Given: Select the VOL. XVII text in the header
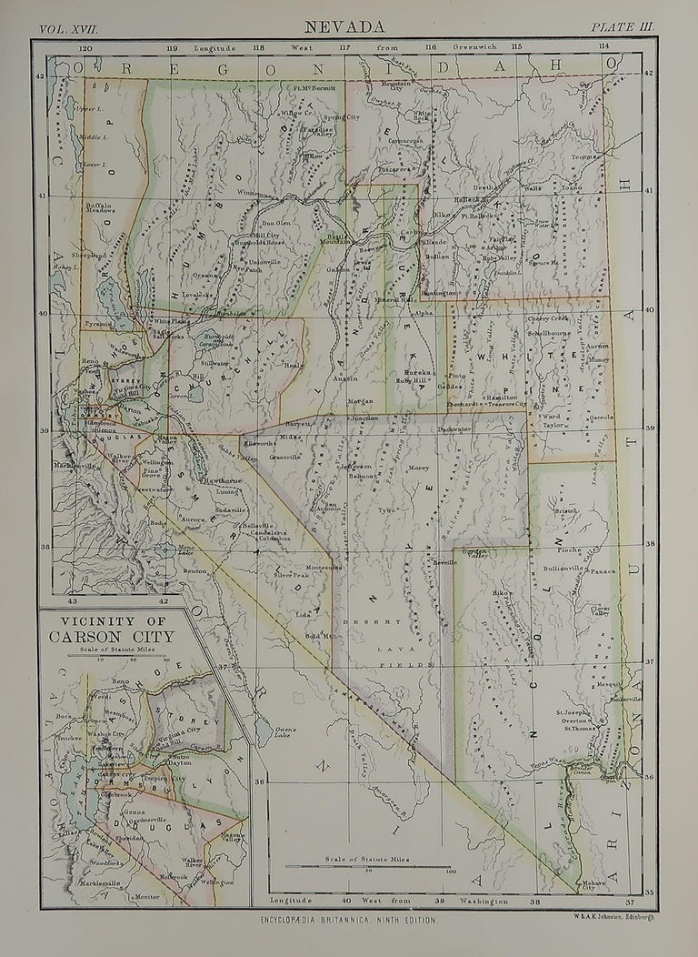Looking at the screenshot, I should [68, 29].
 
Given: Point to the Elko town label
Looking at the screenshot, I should [443, 215].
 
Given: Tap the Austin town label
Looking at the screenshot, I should [345, 378].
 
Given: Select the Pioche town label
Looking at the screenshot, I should [570, 549].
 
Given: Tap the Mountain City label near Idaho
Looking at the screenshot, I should [402, 86].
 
